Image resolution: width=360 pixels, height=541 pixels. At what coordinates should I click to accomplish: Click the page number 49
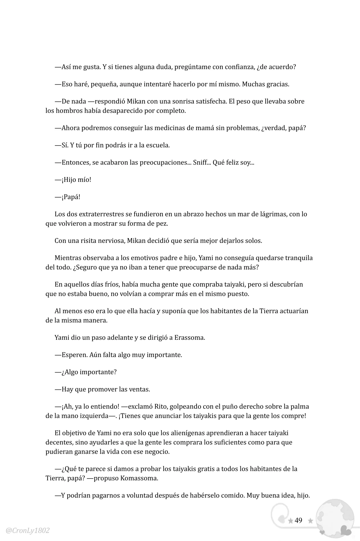click(x=298, y=520)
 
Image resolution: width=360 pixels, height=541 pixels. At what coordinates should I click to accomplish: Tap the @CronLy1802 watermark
click(x=28, y=531)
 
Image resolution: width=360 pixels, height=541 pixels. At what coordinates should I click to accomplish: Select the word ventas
click(x=139, y=389)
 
